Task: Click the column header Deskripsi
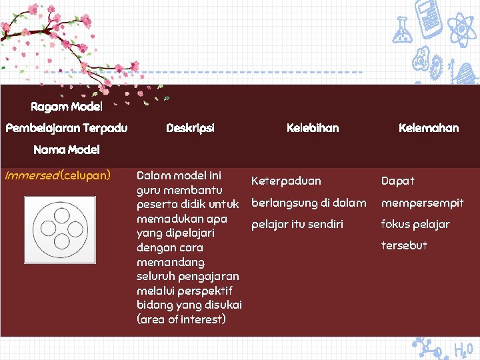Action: [x=190, y=128]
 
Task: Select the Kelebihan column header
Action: [x=312, y=128]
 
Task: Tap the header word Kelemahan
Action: [x=428, y=128]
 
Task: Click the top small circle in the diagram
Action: [x=61, y=215]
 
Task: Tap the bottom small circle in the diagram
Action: [x=61, y=243]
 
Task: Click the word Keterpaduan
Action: [x=286, y=181]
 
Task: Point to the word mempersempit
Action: [x=422, y=203]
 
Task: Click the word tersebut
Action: [x=404, y=245]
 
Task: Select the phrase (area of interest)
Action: [x=181, y=319]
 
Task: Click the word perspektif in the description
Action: [x=208, y=291]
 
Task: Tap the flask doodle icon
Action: [x=402, y=30]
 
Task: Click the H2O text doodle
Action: [x=463, y=349]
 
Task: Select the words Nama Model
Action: [x=66, y=150]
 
